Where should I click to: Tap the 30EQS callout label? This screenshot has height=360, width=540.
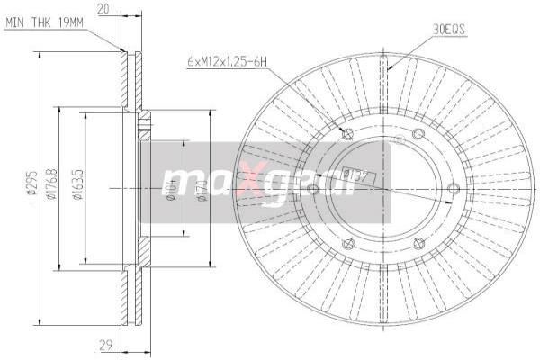click(449, 30)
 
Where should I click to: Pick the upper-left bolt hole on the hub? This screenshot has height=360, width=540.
click(347, 136)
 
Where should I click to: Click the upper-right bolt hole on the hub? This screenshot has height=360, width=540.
click(418, 135)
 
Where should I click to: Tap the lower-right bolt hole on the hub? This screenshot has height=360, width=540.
click(418, 240)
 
